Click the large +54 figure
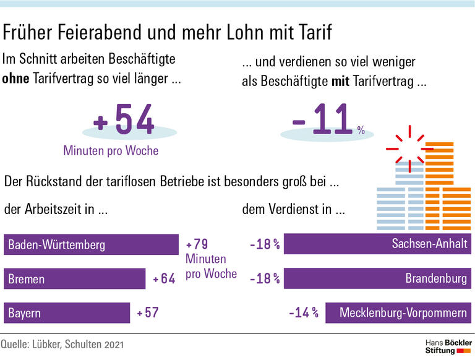[x=124, y=121]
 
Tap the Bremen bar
[x=74, y=279]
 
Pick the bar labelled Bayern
[x=67, y=313]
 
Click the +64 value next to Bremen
[x=165, y=279]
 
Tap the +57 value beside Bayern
[x=148, y=313]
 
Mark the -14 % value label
[x=303, y=313]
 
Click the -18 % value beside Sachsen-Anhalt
[x=265, y=244]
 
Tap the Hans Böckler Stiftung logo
[x=447, y=346]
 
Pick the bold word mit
[x=341, y=82]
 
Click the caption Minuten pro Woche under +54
[x=111, y=150]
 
